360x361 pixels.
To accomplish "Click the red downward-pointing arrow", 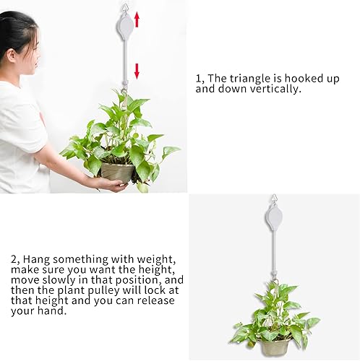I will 135,69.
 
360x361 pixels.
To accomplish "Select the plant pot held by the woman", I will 118,171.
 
